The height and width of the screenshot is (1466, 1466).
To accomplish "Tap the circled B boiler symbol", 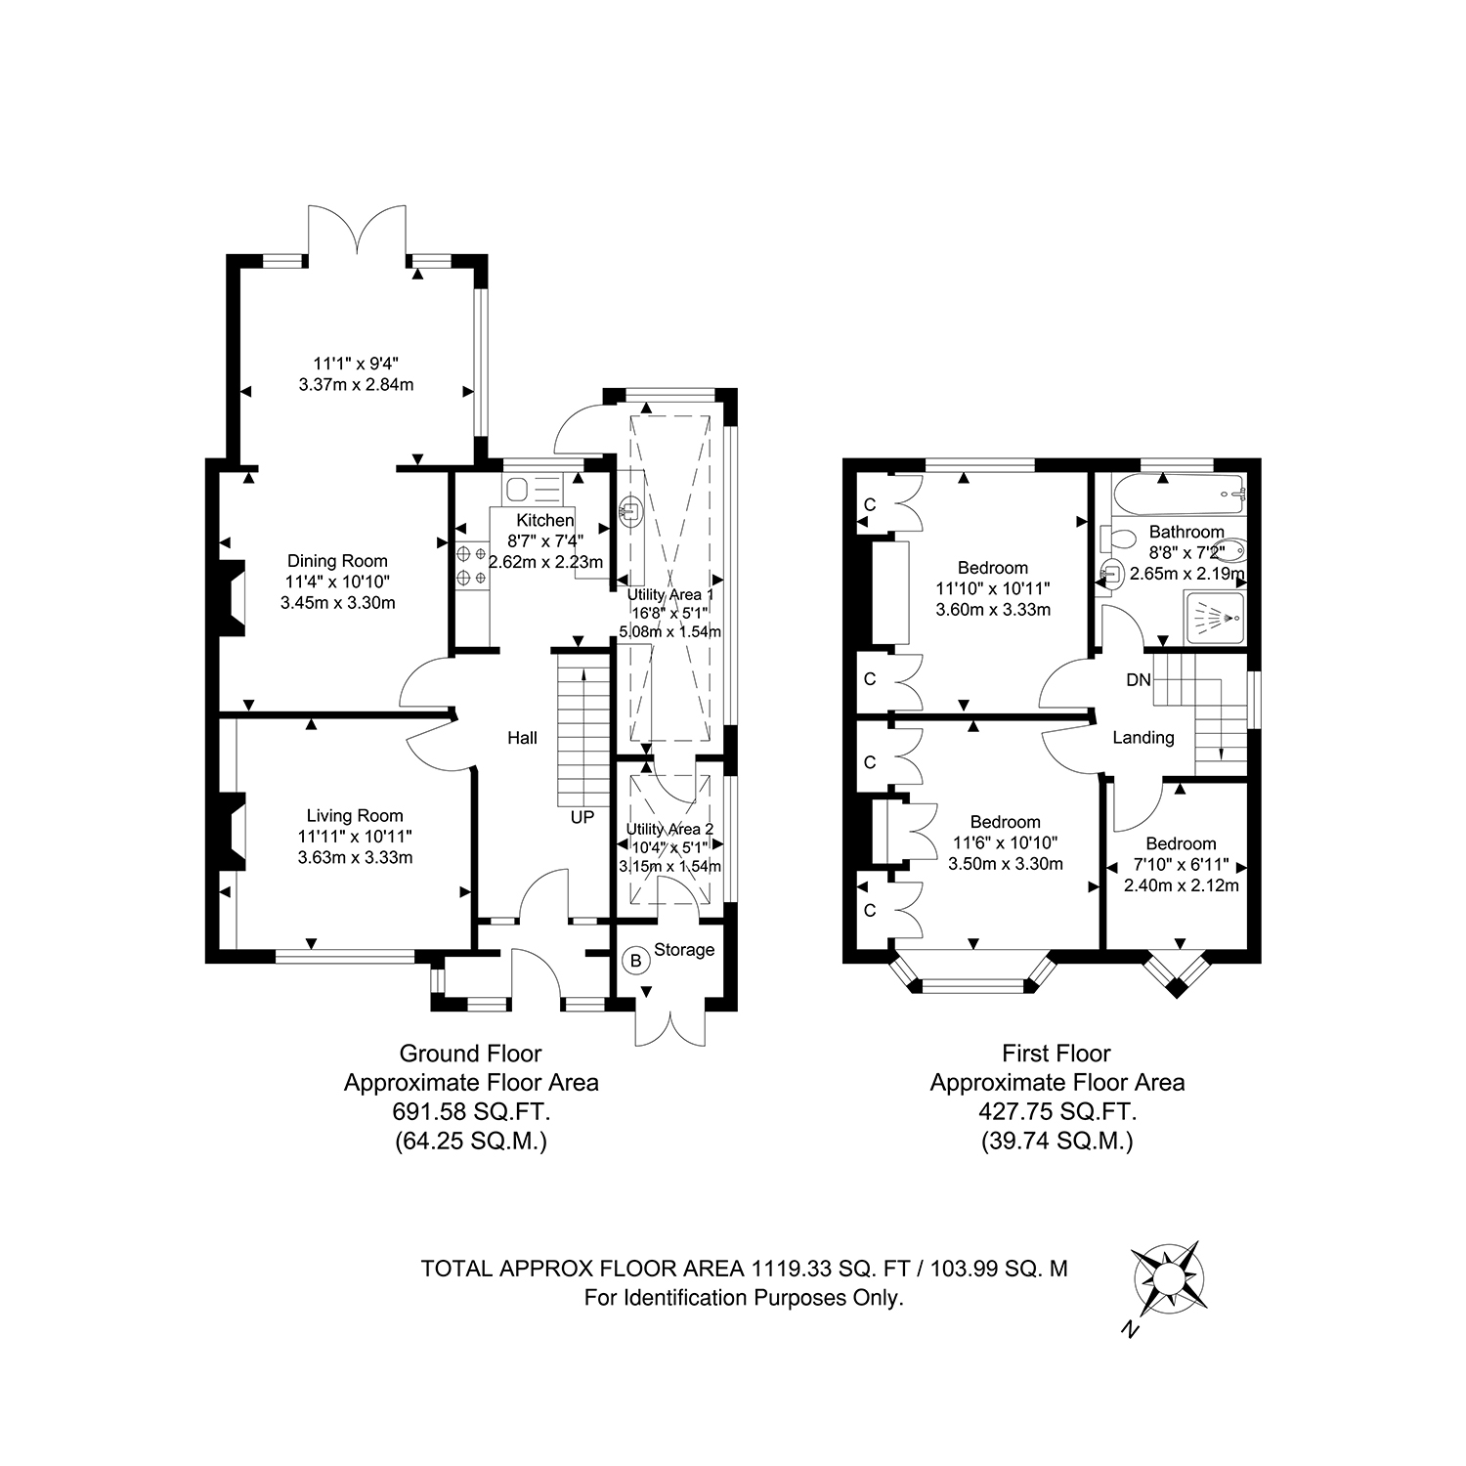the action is click(636, 961).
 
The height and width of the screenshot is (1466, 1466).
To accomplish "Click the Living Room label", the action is click(355, 816).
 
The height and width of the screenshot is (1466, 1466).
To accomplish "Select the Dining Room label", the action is click(337, 561).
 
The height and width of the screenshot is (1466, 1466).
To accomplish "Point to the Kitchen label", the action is click(545, 520).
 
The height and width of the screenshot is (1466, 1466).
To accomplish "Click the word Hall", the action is click(522, 739).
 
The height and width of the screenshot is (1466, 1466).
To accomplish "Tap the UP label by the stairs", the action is click(582, 817).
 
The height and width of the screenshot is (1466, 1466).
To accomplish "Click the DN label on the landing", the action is click(1139, 680).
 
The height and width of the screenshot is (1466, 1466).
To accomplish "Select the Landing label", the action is click(1143, 738).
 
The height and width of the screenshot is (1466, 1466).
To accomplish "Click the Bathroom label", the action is click(1186, 533).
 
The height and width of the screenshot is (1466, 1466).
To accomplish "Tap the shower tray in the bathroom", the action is click(1215, 618).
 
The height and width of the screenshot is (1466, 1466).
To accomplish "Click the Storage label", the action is click(684, 950).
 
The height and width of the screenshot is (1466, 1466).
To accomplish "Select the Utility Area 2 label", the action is click(669, 830).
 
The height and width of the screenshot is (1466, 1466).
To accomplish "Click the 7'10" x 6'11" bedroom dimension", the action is click(1181, 865).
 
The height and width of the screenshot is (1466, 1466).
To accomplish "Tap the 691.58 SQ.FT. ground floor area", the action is click(471, 1112).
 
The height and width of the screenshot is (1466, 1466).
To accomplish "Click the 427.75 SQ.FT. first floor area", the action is click(1057, 1112).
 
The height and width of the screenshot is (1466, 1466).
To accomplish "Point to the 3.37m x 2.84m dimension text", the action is click(356, 384).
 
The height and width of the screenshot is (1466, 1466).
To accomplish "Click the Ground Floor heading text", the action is click(471, 1054).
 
